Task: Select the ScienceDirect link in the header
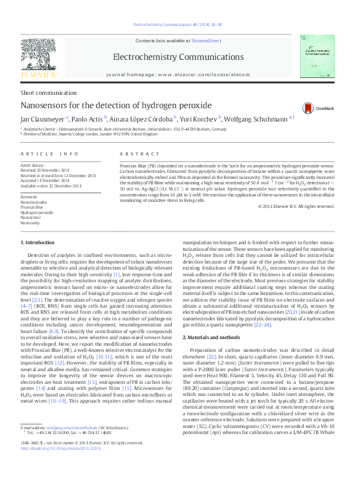pos(207,41)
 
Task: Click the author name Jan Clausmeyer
pos(43,119)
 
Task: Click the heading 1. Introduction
pos(38,242)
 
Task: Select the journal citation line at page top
pos(177,24)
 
